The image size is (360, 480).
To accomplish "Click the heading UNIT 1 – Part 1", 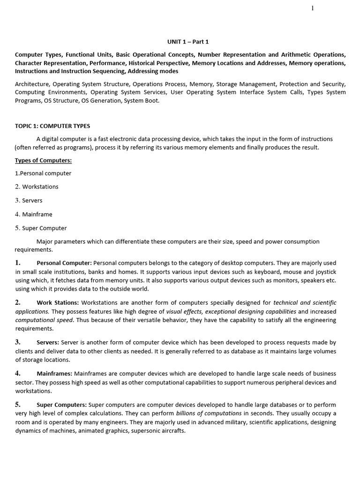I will [188, 42].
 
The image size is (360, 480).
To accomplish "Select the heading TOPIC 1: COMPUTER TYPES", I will [52, 126].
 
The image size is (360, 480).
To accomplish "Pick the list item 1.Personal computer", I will [43, 173].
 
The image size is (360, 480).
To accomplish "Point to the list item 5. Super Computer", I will [41, 228].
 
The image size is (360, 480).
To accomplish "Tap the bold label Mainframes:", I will [54, 374].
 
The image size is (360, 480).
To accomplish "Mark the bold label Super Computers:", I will [62, 405].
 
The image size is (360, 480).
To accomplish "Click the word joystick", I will [325, 272].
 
